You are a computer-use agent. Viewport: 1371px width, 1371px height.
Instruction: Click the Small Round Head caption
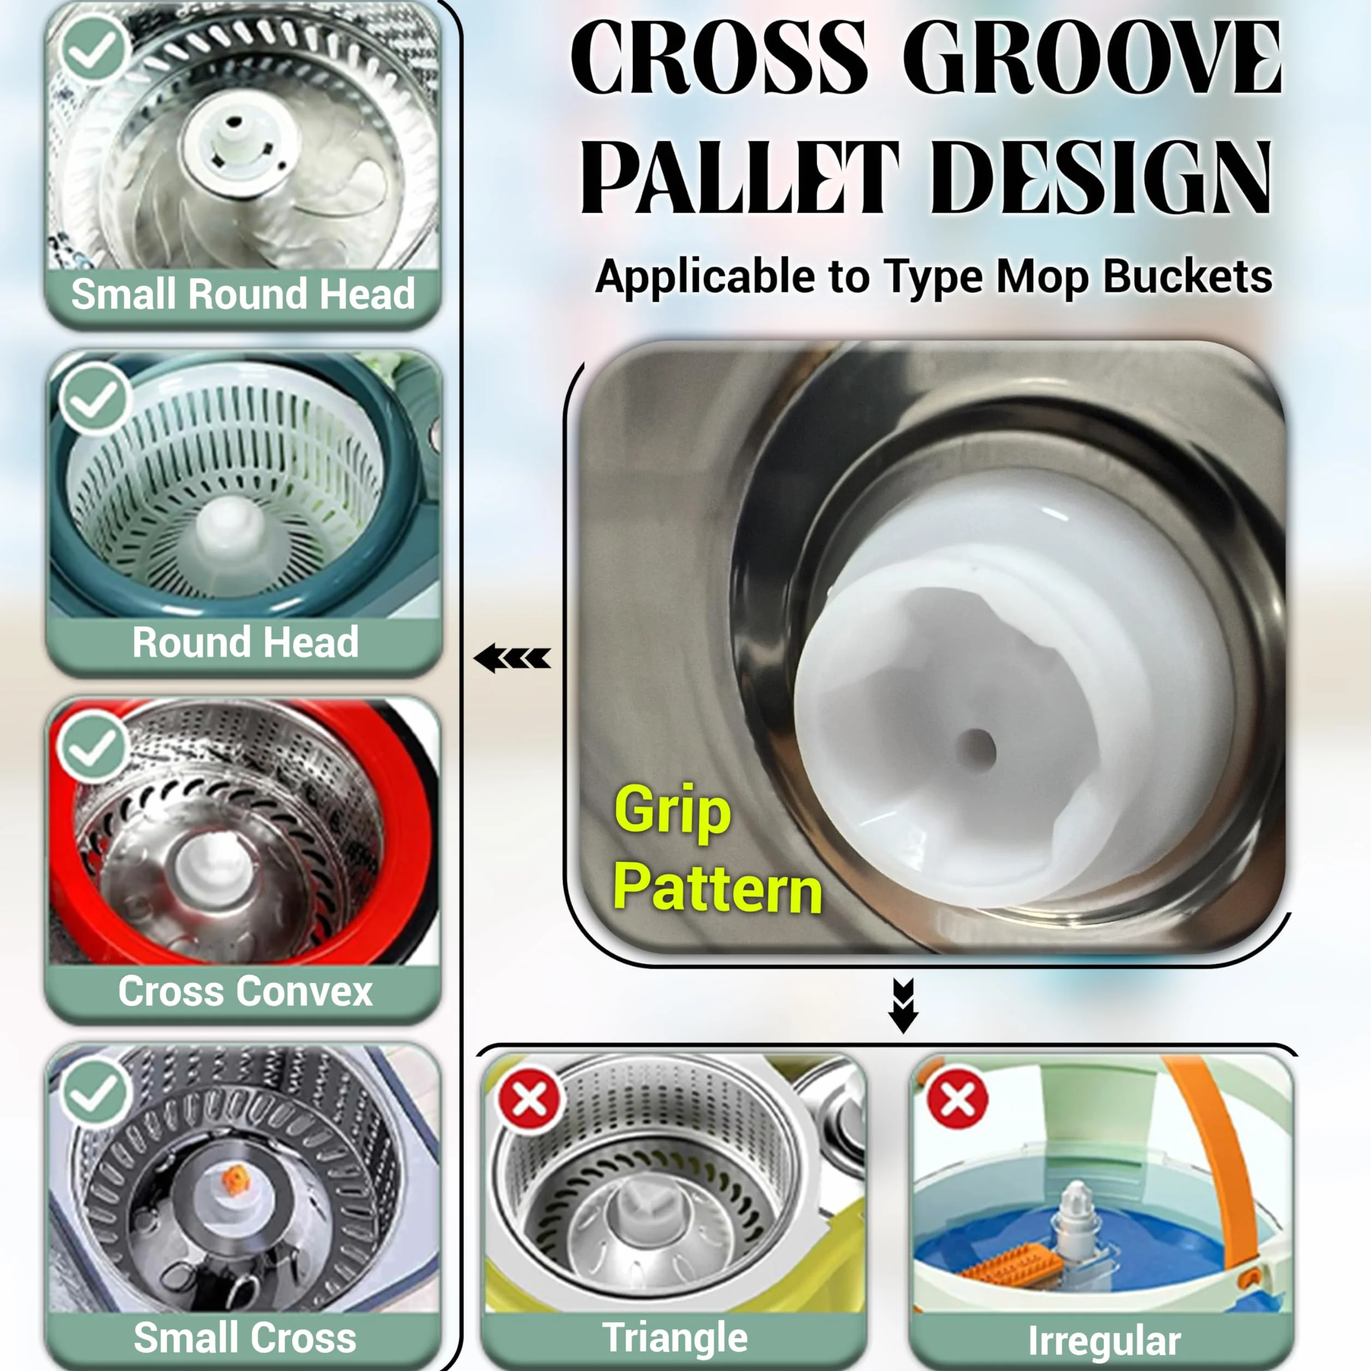click(243, 294)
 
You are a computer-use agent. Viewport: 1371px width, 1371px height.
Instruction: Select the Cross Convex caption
click(245, 991)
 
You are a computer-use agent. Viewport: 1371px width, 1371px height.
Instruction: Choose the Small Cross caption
click(245, 1337)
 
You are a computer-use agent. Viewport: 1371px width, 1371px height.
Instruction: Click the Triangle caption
click(675, 1338)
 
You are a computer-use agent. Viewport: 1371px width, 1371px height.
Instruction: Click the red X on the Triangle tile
click(529, 1101)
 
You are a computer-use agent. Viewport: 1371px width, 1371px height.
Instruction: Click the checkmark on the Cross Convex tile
click(93, 747)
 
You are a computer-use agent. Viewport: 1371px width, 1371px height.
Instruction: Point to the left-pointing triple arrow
click(512, 659)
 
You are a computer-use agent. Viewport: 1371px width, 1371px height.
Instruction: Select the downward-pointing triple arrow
click(903, 1006)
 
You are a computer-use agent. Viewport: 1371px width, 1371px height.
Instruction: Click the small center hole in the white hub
click(979, 749)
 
